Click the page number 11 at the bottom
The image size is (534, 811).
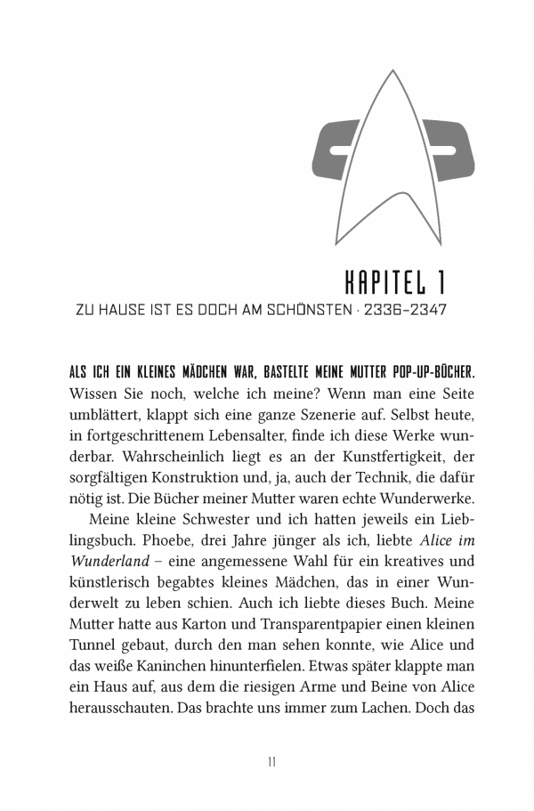[x=272, y=762]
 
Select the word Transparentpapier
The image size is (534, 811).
[x=295, y=626]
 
